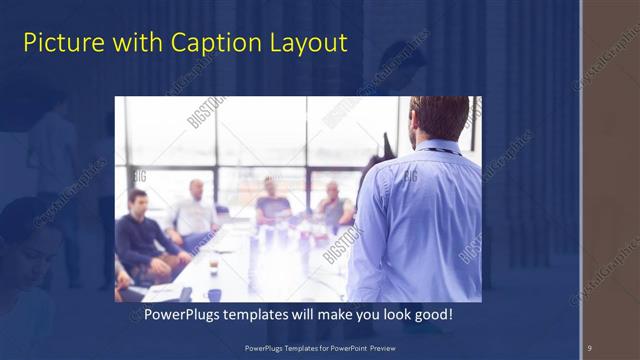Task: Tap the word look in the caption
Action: tap(384, 314)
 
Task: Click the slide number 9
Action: tap(589, 348)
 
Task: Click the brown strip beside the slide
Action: tap(612, 180)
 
